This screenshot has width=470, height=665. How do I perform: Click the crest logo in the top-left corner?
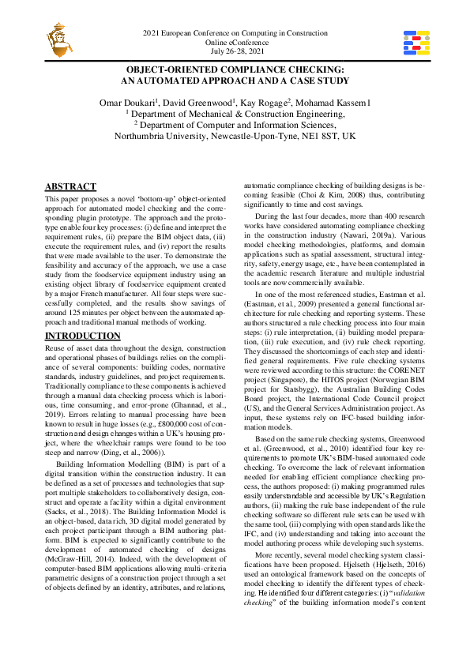(x=58, y=36)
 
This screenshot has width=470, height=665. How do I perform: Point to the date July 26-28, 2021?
(x=235, y=51)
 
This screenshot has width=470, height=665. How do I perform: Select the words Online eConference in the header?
(x=235, y=42)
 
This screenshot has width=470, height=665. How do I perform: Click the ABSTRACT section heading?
(x=70, y=186)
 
